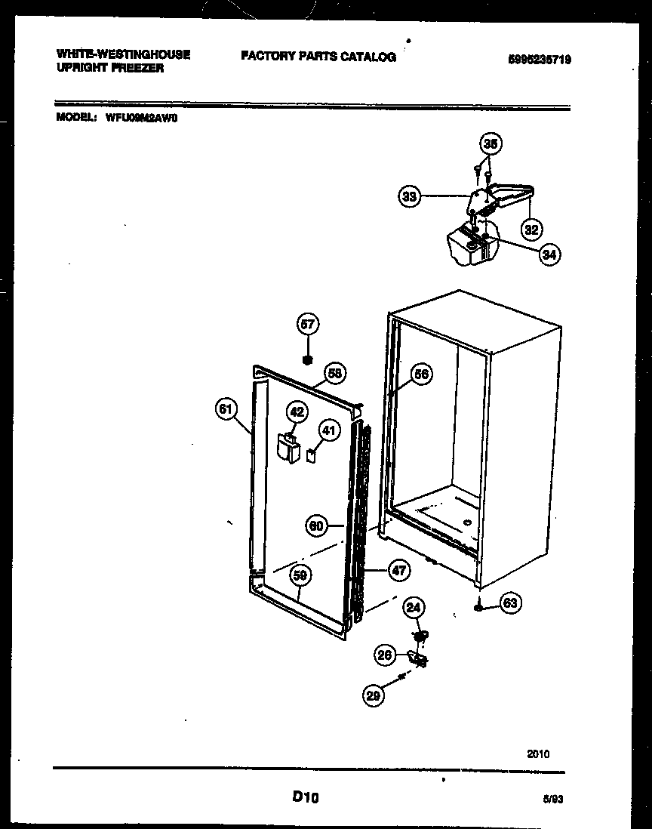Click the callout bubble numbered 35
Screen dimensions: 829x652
(491, 144)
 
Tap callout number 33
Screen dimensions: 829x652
(408, 197)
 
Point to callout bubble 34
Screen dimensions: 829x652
(549, 255)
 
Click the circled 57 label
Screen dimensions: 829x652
(308, 325)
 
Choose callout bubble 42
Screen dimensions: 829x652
(297, 411)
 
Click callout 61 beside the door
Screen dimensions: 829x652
(225, 408)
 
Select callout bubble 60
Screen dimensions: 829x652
(317, 526)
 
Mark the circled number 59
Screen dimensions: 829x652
(300, 576)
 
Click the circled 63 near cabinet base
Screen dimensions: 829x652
(511, 602)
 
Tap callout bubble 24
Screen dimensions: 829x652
(414, 606)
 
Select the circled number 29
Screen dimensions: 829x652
(373, 696)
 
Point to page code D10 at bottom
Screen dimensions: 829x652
(305, 797)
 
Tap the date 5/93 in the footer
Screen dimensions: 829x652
(552, 798)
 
